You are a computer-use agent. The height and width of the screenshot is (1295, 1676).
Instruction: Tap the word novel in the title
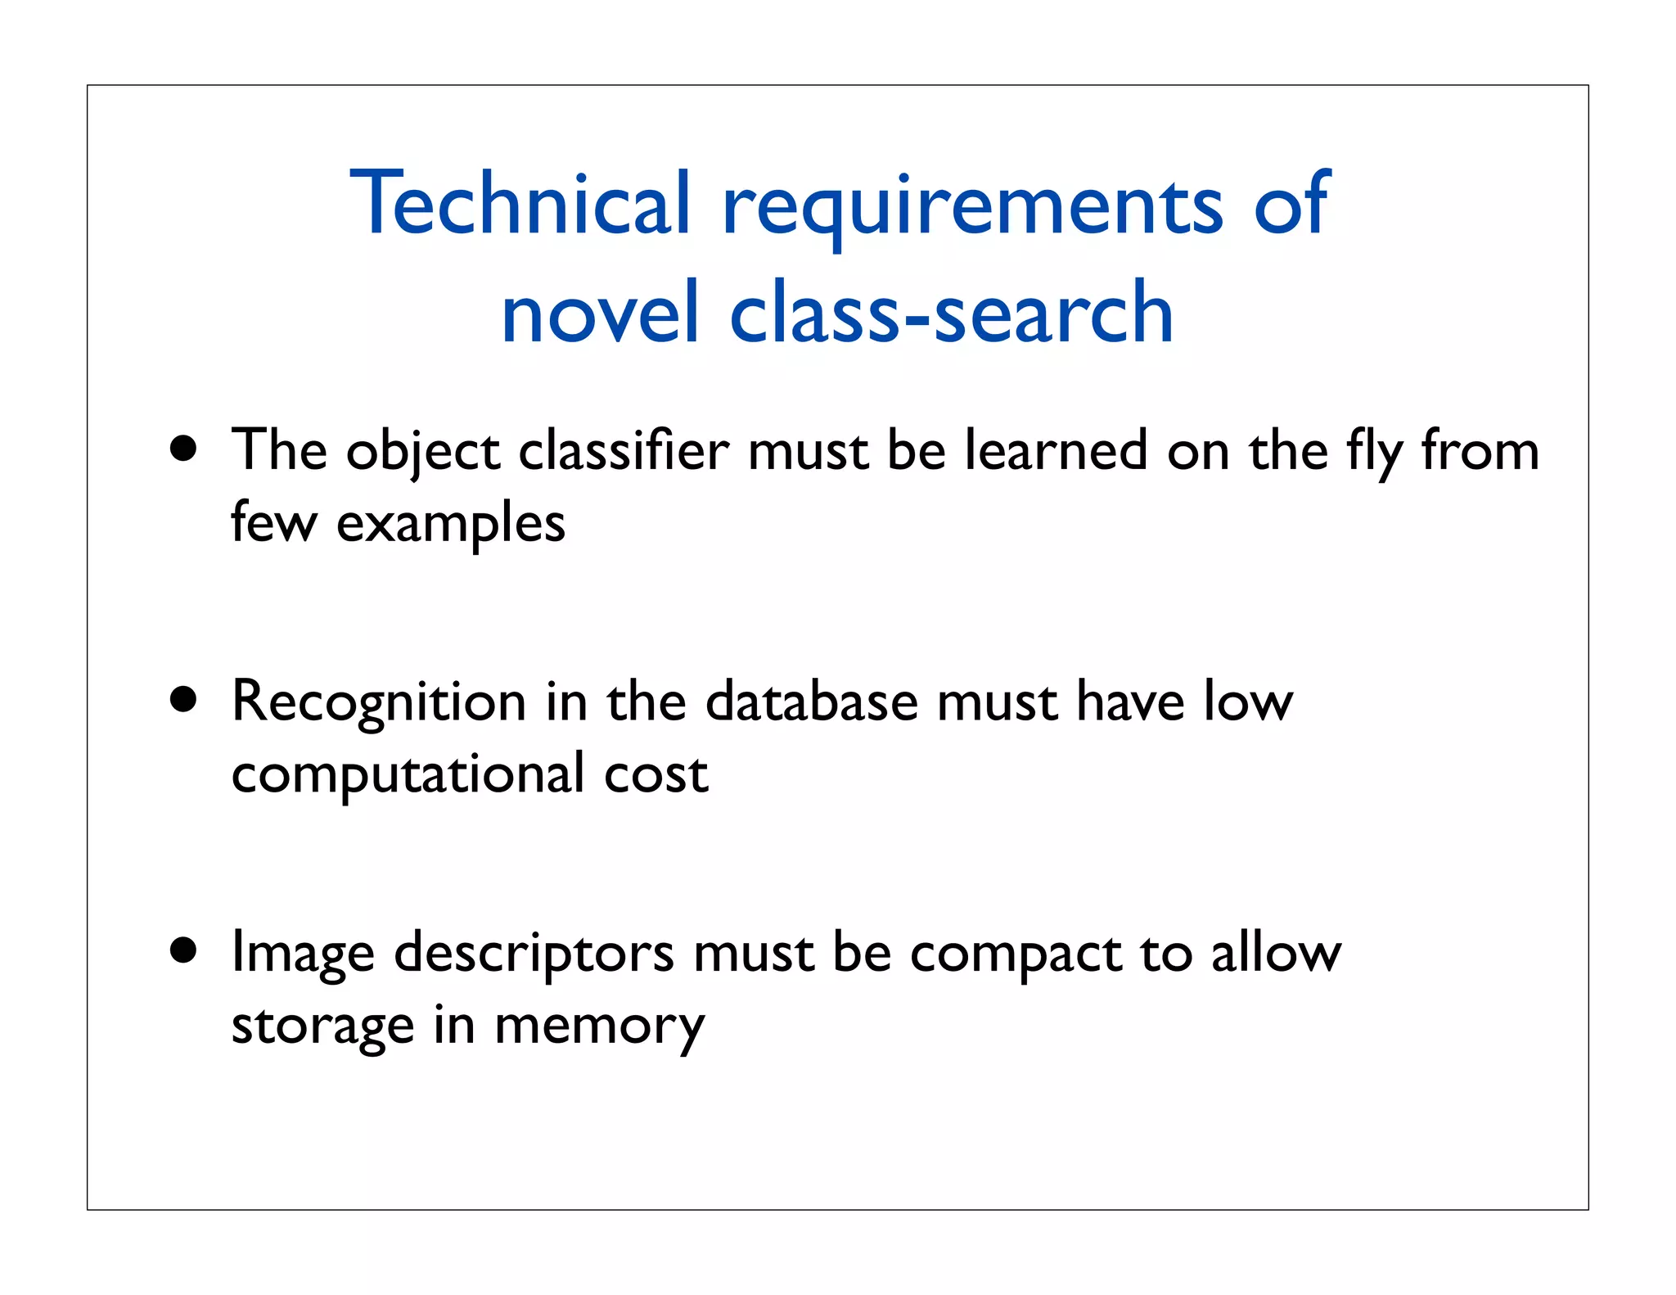(x=600, y=314)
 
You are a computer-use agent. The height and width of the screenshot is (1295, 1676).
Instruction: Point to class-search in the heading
(x=952, y=314)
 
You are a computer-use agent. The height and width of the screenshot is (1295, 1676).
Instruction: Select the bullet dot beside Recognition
(x=184, y=700)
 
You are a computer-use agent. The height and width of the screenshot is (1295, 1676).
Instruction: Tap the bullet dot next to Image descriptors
(x=184, y=950)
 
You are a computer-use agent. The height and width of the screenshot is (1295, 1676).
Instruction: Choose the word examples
(x=451, y=524)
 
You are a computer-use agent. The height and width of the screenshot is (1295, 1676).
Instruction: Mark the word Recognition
(x=378, y=702)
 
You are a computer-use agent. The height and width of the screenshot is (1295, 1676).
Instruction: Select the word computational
(x=408, y=774)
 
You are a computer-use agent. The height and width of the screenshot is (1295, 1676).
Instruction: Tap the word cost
(x=656, y=774)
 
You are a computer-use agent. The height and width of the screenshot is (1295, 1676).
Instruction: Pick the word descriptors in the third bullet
(x=534, y=954)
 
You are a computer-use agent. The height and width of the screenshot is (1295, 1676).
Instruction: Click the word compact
(x=1016, y=954)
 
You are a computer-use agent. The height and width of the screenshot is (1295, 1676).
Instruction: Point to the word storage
(x=322, y=1027)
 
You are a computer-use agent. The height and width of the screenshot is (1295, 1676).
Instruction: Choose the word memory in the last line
(x=599, y=1027)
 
